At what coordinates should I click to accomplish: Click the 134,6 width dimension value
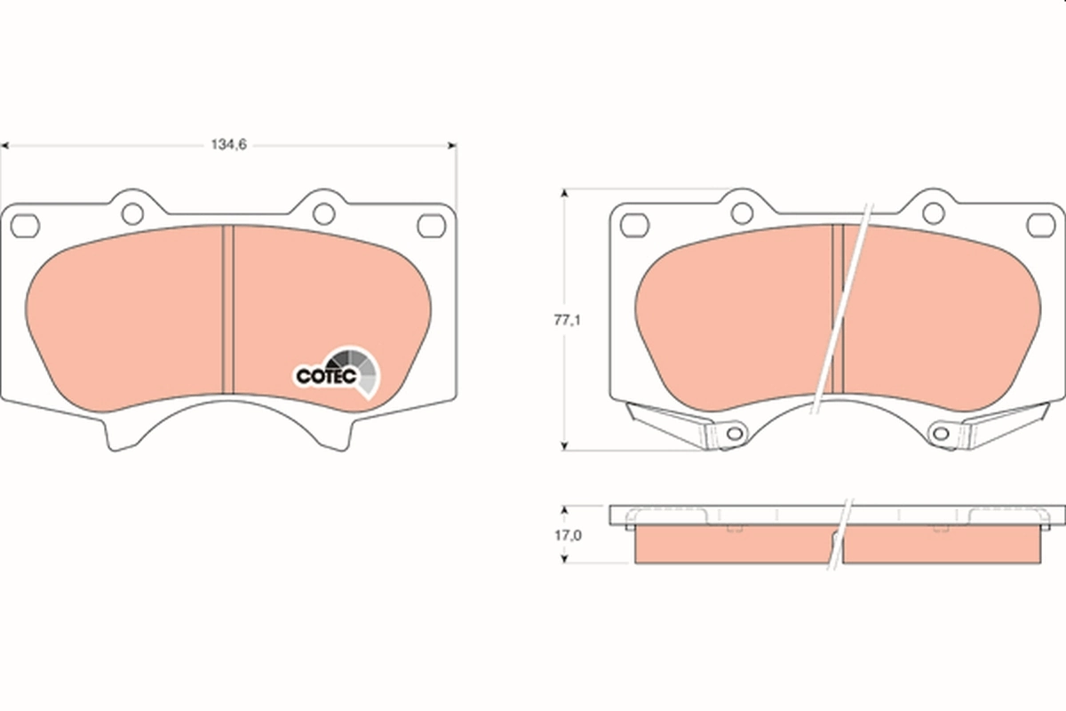(227, 145)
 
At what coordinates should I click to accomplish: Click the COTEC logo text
(326, 377)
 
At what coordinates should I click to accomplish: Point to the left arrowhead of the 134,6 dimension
(5, 145)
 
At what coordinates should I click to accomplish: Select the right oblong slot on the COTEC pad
(432, 226)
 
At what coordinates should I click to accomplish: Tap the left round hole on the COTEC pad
(132, 213)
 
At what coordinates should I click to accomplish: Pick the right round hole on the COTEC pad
(324, 213)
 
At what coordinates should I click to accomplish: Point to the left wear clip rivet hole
(734, 433)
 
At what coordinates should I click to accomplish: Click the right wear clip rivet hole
(940, 433)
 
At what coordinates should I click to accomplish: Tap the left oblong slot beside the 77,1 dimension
(634, 225)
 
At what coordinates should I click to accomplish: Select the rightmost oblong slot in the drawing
(1040, 225)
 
